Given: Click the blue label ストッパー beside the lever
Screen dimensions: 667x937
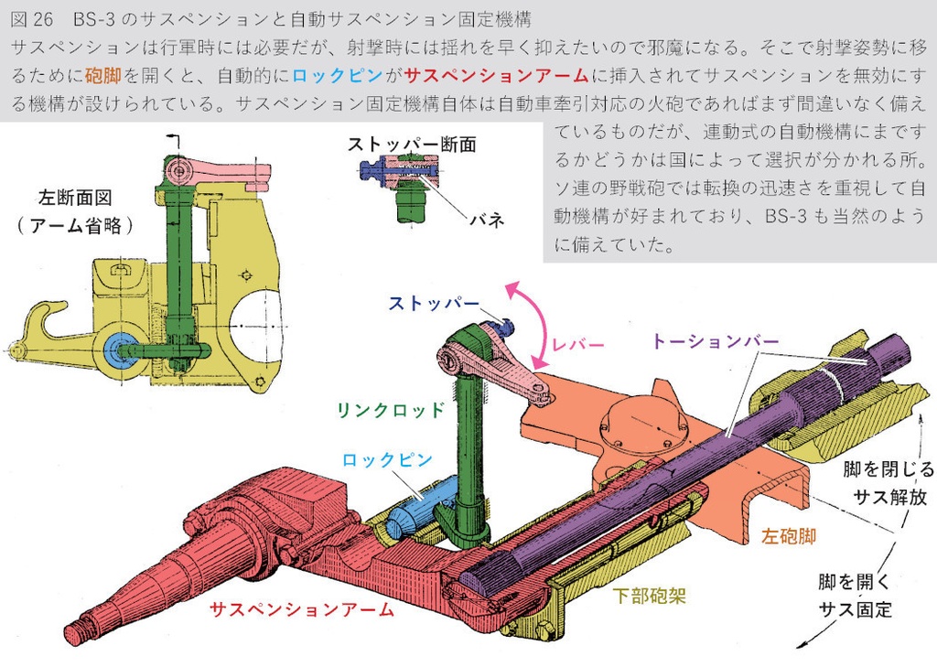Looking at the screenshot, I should tap(434, 303).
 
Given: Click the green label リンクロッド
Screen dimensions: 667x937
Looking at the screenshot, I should tap(390, 410).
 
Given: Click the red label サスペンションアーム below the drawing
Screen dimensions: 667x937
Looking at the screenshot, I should tap(301, 609).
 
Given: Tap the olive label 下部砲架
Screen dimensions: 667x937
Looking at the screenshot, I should tap(649, 596).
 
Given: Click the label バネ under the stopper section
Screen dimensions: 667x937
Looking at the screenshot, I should tap(487, 221).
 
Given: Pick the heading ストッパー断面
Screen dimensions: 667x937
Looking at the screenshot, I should tap(411, 144).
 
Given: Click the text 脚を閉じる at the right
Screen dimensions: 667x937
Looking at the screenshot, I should tap(889, 470).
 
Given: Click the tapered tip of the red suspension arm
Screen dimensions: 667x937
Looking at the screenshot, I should tap(82, 631).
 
